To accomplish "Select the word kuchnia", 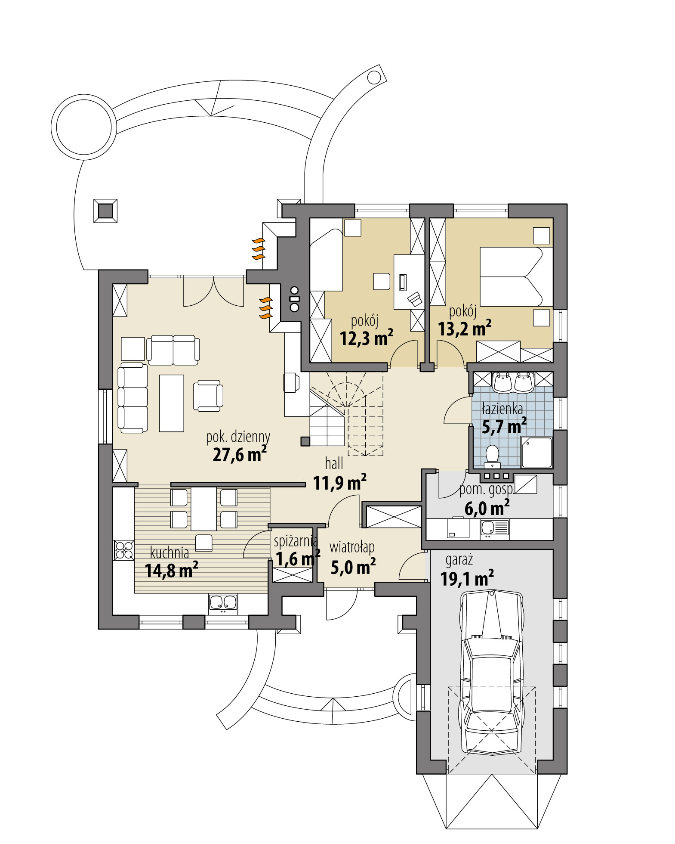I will (x=170, y=552).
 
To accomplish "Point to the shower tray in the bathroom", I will (x=536, y=452).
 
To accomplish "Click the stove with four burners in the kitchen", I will (x=124, y=550).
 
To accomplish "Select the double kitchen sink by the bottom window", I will (x=223, y=603).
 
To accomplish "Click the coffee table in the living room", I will (x=171, y=403).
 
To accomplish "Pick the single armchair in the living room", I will (x=208, y=396).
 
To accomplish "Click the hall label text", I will (x=334, y=463).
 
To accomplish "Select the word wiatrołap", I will (x=351, y=547).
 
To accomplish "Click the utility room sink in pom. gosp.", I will (x=489, y=527).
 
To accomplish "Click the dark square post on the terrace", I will (x=105, y=211).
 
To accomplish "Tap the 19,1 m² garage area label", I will (x=466, y=578).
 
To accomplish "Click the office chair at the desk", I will (x=415, y=298).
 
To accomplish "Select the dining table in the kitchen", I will (x=203, y=509).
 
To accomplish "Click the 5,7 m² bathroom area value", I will (x=503, y=427).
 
